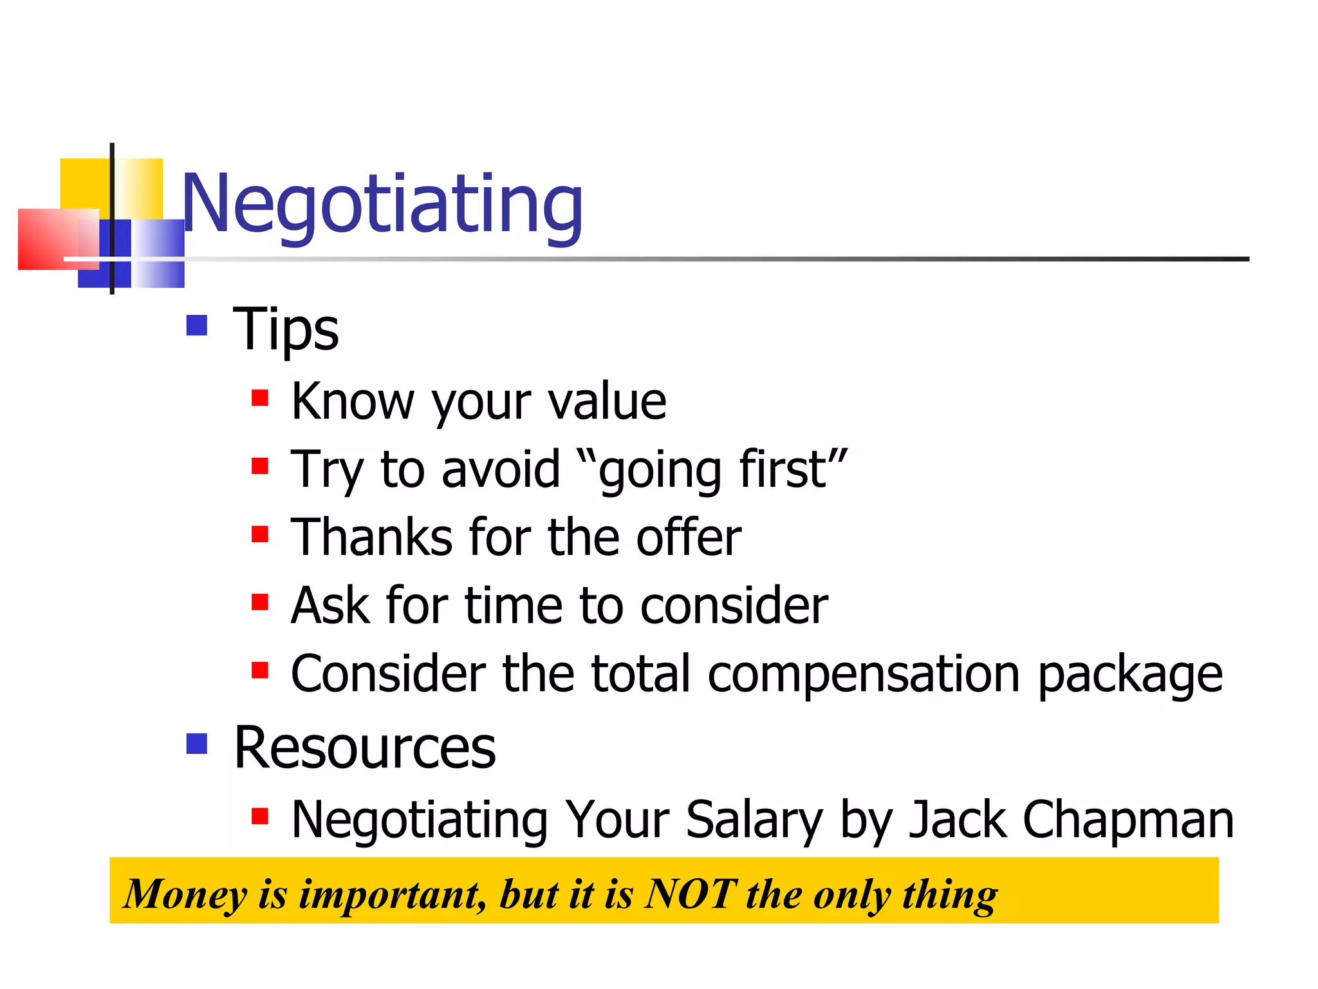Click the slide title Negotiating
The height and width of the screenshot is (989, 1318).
tap(382, 205)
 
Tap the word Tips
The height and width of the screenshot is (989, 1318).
tap(286, 330)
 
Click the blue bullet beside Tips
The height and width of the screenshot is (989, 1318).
tap(197, 325)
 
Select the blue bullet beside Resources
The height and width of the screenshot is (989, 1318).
tap(197, 744)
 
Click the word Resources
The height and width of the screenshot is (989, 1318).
tap(365, 748)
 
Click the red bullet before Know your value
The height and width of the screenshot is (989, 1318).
tap(260, 398)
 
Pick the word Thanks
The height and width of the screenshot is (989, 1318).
tap(372, 538)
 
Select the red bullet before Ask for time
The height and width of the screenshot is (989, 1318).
tap(260, 603)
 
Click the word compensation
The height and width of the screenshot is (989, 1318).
tap(864, 674)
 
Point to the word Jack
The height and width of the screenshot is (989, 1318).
tap(958, 820)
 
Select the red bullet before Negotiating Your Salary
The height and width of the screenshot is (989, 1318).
tap(260, 816)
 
